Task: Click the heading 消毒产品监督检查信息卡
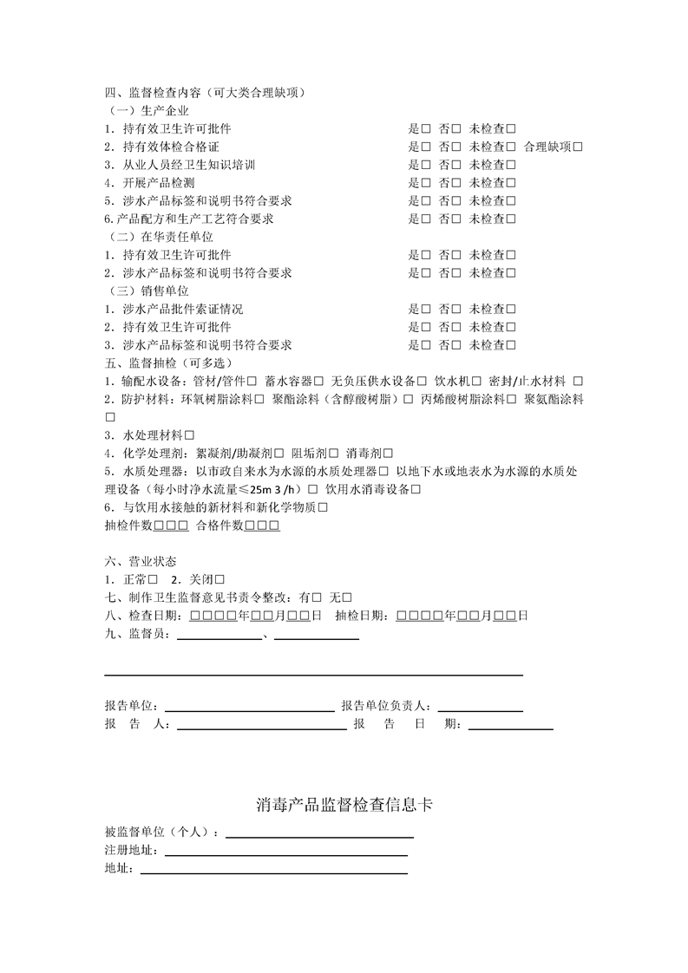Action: pos(344,805)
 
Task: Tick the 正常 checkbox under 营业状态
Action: pos(153,578)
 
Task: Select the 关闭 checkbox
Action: pos(220,578)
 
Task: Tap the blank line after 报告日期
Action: pos(510,726)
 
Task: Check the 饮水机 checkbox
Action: pos(476,381)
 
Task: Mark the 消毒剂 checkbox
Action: pos(388,453)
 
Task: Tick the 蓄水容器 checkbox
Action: pos(319,381)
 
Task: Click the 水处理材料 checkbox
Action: pos(189,434)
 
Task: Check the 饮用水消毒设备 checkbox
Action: pos(416,489)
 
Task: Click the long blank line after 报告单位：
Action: pos(249,708)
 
